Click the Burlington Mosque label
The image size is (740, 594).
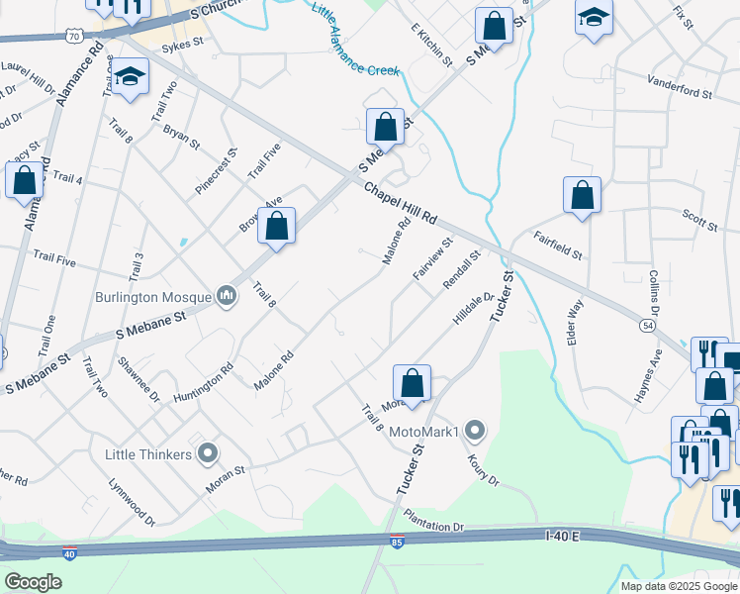pyautogui.click(x=152, y=296)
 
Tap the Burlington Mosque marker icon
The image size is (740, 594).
pyautogui.click(x=227, y=295)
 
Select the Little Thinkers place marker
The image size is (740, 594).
pyautogui.click(x=208, y=453)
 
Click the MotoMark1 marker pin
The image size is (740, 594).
pyautogui.click(x=476, y=431)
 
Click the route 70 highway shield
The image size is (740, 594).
pyautogui.click(x=75, y=36)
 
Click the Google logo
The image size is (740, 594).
pyautogui.click(x=33, y=582)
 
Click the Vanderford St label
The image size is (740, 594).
pyautogui.click(x=680, y=86)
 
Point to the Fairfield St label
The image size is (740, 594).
pyautogui.click(x=558, y=246)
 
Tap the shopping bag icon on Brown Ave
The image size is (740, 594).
pyautogui.click(x=277, y=226)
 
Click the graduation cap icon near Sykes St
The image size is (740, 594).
pyautogui.click(x=129, y=77)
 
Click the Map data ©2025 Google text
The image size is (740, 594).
pyautogui.click(x=680, y=586)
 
